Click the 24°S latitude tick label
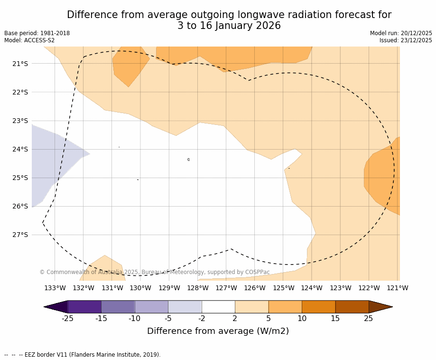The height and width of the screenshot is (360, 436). click(x=20, y=149)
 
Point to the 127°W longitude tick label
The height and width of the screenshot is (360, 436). click(x=226, y=288)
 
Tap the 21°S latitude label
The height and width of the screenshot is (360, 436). click(x=20, y=64)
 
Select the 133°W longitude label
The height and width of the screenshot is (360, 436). click(x=55, y=288)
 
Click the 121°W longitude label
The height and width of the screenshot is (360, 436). click(x=397, y=288)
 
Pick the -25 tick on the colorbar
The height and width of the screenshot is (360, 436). click(x=67, y=318)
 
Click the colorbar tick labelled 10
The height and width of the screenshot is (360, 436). click(x=302, y=318)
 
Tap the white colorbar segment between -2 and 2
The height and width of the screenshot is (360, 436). click(x=218, y=307)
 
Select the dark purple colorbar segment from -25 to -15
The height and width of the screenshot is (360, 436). click(x=84, y=307)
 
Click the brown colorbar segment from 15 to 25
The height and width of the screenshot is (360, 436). click(x=352, y=307)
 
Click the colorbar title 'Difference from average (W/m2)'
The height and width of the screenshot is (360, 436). click(x=218, y=331)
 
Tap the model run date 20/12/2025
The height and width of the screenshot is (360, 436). click(x=416, y=33)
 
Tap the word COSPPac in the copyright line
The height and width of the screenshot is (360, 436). click(x=258, y=272)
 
